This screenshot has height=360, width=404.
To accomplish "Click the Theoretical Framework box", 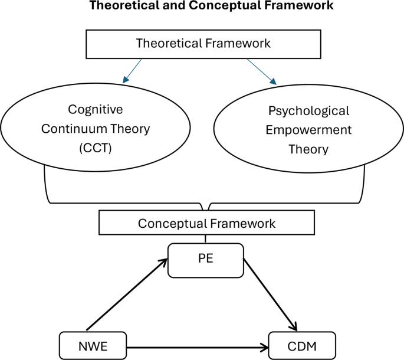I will (x=202, y=43).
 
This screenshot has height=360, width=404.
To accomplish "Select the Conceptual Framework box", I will (x=206, y=224).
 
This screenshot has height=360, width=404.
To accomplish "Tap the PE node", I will (x=205, y=260).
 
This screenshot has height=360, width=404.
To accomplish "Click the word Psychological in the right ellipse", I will (x=308, y=111).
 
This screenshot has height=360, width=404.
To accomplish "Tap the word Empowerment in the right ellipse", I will (x=308, y=130).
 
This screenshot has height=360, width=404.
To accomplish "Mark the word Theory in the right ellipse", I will (x=308, y=149).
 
